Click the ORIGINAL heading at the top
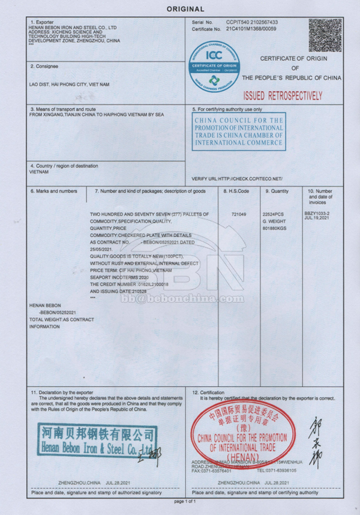coord(185,9)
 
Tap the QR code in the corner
coord(325,35)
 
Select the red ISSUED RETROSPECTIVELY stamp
coord(283,95)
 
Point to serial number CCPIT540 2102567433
coord(252,22)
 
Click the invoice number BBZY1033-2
coord(317,212)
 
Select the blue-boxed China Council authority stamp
coord(239,132)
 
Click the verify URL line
coord(237,179)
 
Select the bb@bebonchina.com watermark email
coord(183,298)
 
